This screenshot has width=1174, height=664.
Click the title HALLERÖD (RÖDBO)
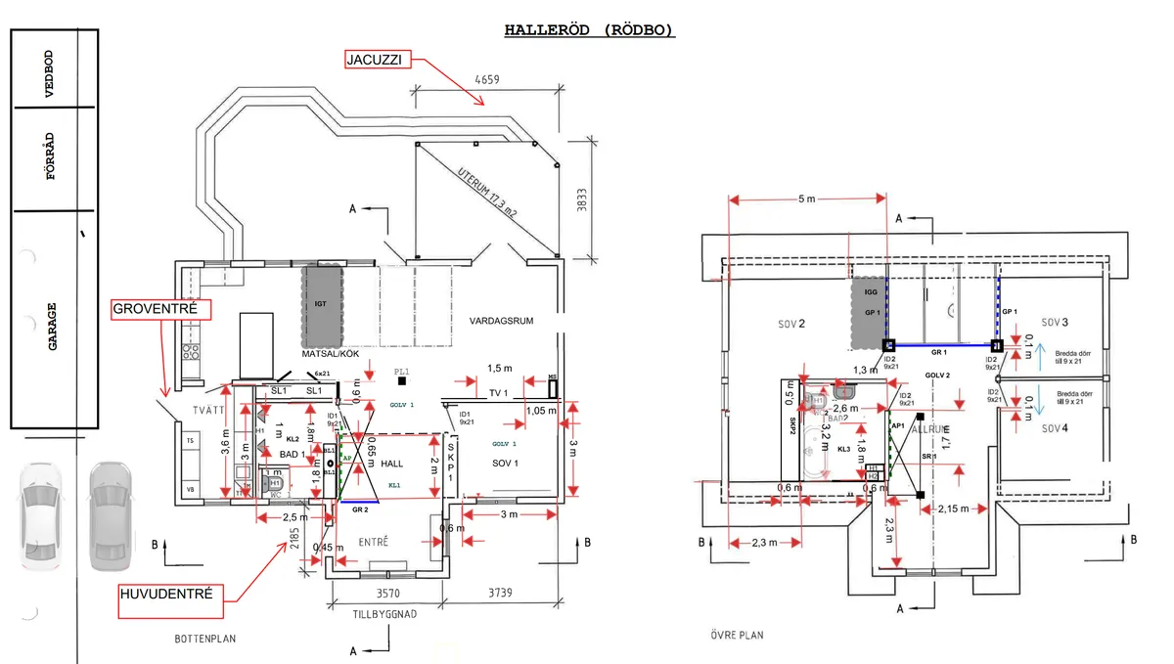pyautogui.click(x=589, y=30)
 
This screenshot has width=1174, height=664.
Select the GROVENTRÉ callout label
pyautogui.click(x=156, y=309)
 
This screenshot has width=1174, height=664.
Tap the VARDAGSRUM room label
pyautogui.click(x=500, y=320)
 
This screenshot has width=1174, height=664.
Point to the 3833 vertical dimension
pyautogui.click(x=582, y=201)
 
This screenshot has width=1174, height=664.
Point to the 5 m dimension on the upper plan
pyautogui.click(x=806, y=199)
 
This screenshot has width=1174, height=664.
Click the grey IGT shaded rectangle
pyautogui.click(x=320, y=304)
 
